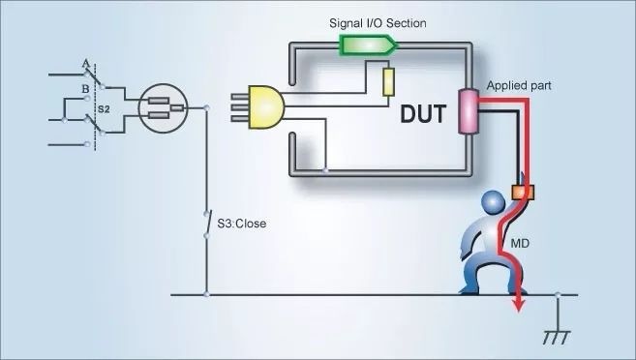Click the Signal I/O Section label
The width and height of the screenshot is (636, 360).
[378, 23]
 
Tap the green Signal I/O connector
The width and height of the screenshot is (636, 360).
[368, 45]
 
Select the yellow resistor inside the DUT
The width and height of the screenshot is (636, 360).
[388, 82]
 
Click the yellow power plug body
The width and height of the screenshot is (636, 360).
[266, 107]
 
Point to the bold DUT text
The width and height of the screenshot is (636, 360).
[423, 114]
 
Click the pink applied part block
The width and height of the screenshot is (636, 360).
[469, 111]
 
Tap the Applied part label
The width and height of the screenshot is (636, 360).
[519, 86]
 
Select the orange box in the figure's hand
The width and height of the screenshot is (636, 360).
[523, 193]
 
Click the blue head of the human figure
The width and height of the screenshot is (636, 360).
[494, 202]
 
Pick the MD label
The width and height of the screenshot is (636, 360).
[520, 244]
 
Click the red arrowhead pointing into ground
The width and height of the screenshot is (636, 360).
[518, 305]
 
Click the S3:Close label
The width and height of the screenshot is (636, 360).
[242, 224]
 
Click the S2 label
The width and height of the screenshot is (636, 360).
[104, 109]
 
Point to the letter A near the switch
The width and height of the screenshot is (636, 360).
[85, 64]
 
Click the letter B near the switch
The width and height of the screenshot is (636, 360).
[85, 89]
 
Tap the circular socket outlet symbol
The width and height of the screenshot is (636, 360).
[163, 107]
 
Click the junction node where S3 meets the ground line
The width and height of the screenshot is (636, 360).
[206, 295]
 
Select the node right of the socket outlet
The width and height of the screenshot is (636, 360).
[206, 107]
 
